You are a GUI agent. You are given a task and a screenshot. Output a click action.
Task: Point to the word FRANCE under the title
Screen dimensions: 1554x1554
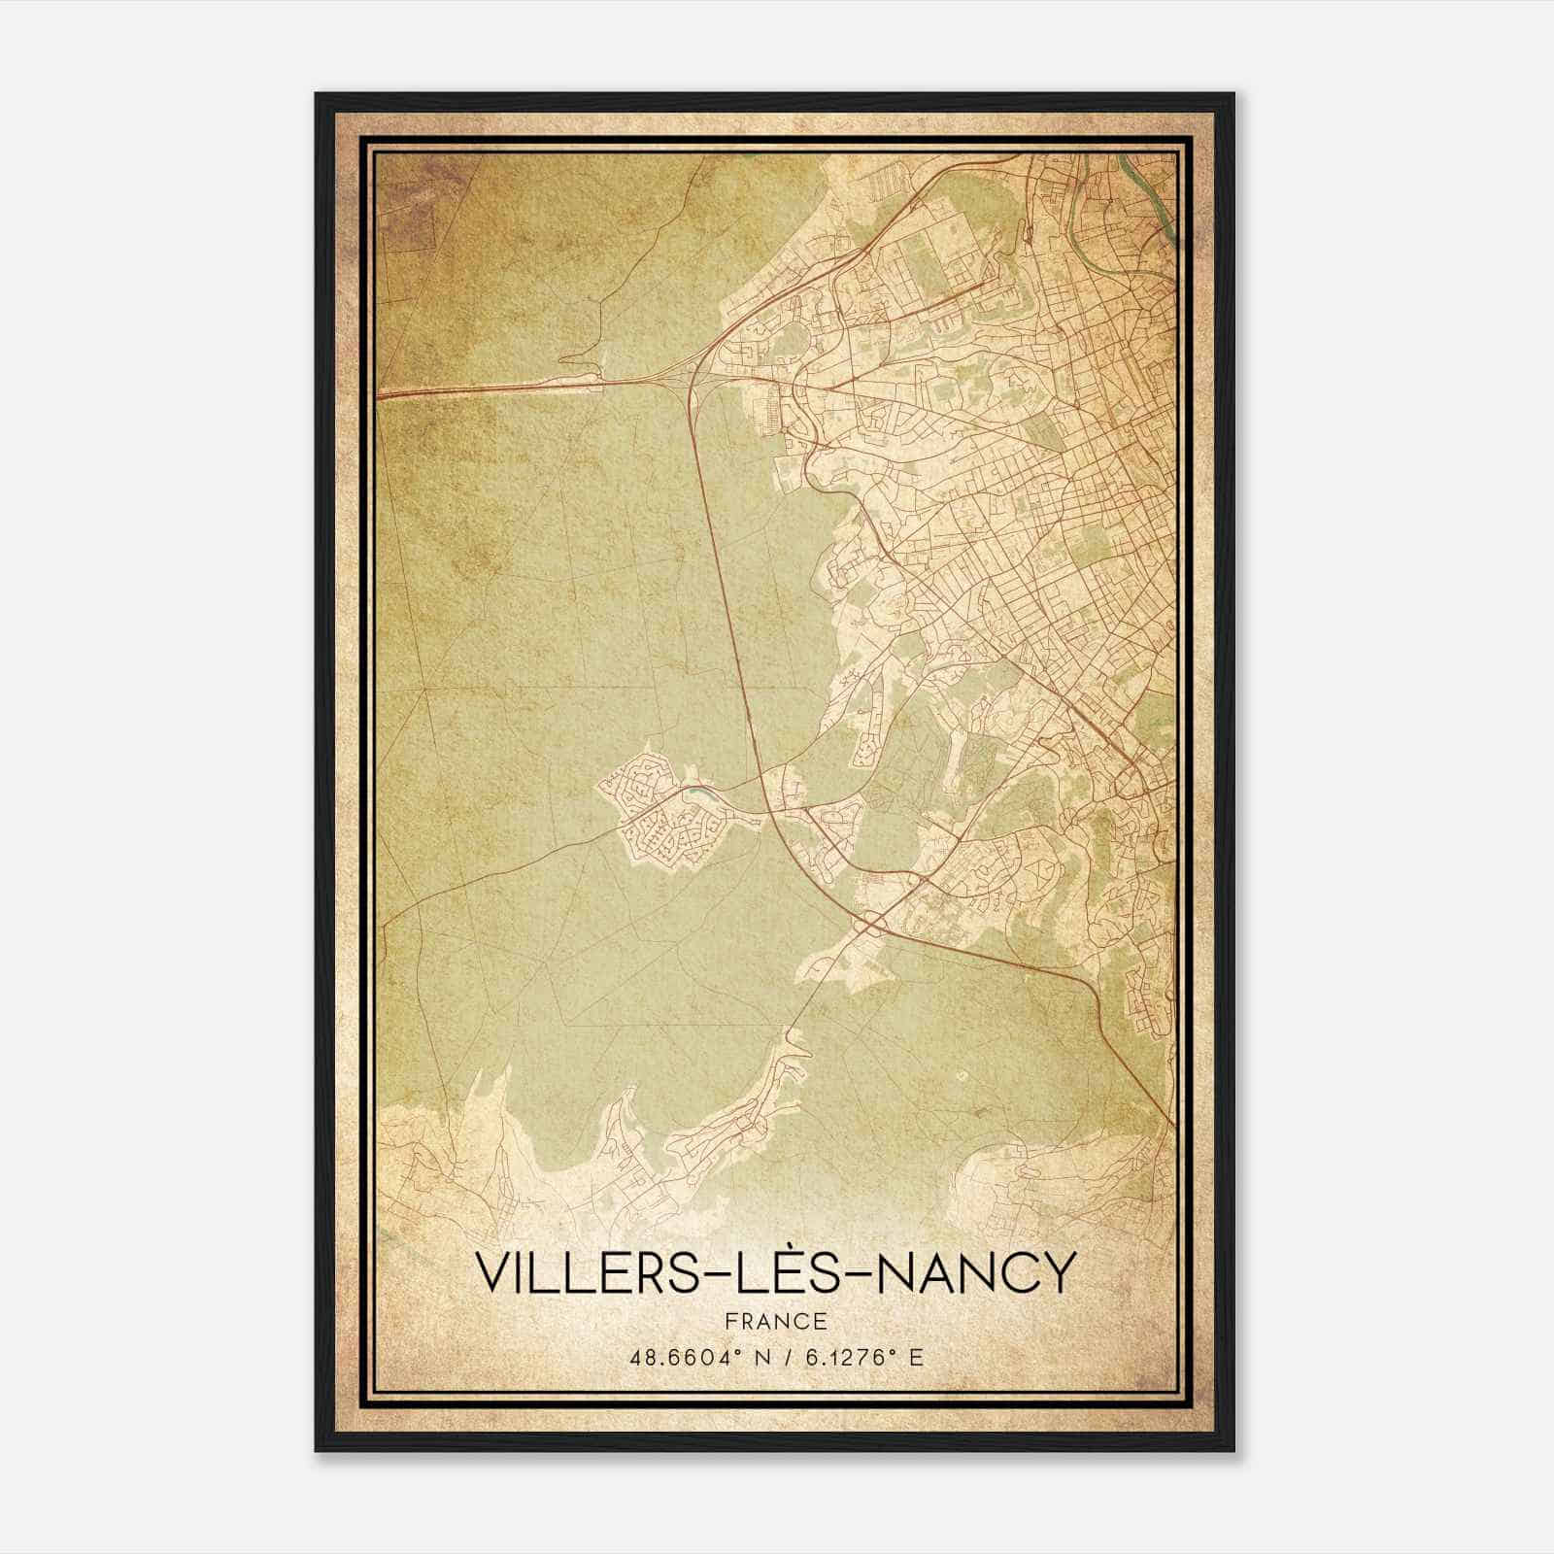(x=775, y=1321)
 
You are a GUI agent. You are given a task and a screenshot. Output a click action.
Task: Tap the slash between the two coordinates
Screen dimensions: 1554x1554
(x=780, y=1358)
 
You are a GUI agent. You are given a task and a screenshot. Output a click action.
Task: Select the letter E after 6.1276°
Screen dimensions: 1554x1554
(x=915, y=1358)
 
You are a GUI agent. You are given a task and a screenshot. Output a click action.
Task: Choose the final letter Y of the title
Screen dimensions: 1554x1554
(x=1062, y=1273)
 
